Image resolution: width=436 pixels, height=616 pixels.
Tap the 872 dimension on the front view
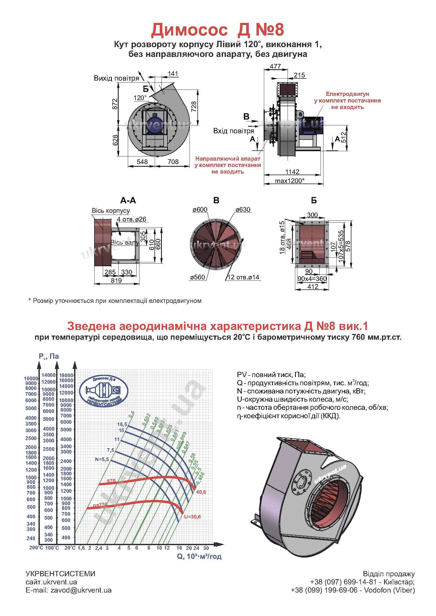tap(115, 104)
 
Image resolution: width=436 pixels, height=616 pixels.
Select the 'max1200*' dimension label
tap(289, 181)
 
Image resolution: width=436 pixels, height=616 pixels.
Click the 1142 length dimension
tap(292, 172)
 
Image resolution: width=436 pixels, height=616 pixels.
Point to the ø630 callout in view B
tap(243, 210)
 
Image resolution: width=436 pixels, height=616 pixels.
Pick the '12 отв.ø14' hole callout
tap(243, 277)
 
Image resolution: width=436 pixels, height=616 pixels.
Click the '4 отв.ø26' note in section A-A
tap(132, 219)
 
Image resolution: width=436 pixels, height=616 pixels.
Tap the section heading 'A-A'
tap(128, 200)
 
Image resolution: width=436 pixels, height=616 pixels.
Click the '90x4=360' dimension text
tap(312, 279)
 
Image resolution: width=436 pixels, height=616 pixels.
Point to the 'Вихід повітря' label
tap(117, 78)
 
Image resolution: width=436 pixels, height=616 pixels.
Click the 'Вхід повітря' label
tap(234, 131)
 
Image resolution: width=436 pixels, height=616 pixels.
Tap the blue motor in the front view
tap(154, 123)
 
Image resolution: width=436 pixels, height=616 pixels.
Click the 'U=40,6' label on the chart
tap(201, 492)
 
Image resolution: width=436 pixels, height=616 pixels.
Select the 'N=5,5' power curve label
tap(102, 459)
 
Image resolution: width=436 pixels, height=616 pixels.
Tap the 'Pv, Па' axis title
tap(49, 356)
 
